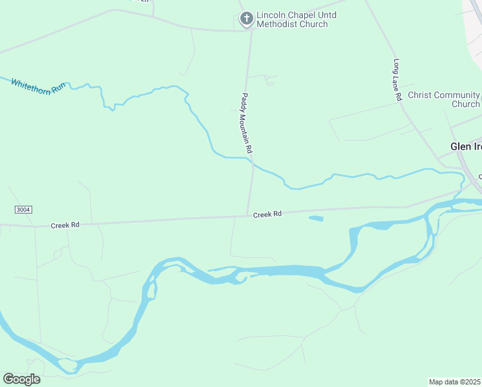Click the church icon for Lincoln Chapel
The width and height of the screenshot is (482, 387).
coord(246,19)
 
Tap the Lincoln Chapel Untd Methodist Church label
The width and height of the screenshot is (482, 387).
coord(292,19)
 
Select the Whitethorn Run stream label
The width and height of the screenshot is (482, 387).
coord(38,85)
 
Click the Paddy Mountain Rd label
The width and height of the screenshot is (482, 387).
coord(246,123)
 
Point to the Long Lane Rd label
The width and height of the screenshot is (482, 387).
coord(398,80)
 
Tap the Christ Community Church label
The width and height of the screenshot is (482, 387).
coord(444,99)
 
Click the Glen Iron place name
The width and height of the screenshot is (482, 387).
coord(466,146)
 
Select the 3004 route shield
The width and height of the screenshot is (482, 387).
coord(23,210)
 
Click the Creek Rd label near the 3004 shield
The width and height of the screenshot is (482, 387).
coord(65,225)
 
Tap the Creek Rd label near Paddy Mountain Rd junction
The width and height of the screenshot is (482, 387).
coord(267,214)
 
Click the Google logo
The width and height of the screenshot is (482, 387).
coord(21,379)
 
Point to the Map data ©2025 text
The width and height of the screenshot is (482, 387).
coord(455,382)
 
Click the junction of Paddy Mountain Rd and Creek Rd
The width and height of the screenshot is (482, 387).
coord(247,215)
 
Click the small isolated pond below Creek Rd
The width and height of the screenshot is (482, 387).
coord(316,219)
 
